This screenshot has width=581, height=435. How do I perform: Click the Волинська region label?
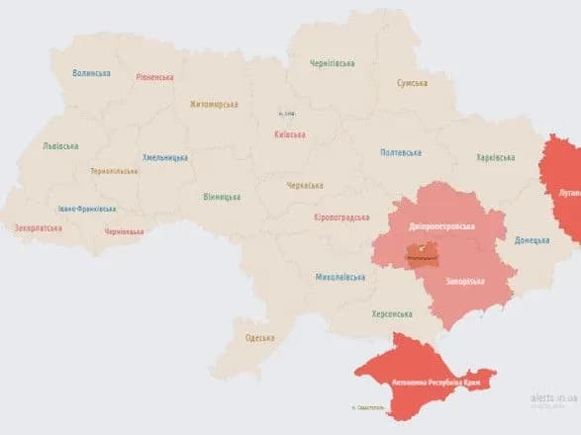(91, 73)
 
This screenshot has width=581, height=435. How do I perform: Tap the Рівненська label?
(155, 77)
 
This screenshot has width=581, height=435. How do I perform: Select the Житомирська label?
(214, 104)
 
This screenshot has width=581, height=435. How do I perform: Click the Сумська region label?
(414, 84)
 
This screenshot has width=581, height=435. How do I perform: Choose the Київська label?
(288, 134)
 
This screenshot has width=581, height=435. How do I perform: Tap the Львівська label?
(60, 145)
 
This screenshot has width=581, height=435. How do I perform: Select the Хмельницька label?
(164, 157)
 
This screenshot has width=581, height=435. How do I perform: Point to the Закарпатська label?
(39, 228)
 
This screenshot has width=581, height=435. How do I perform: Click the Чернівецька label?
(124, 232)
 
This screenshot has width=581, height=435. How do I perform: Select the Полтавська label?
(401, 152)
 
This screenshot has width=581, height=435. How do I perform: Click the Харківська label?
(495, 157)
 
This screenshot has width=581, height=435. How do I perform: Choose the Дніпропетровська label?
(441, 226)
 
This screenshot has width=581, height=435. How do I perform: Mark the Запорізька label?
(464, 281)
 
